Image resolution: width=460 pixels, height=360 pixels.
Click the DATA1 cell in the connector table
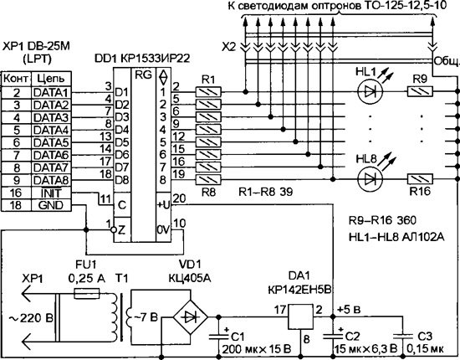point(51,92)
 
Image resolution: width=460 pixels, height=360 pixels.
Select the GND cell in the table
point(51,205)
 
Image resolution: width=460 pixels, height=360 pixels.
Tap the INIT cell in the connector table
point(51,193)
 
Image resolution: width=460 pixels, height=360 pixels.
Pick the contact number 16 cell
point(16,193)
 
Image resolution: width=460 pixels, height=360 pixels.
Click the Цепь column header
point(51,79)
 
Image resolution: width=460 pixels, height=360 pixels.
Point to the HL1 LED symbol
point(371,92)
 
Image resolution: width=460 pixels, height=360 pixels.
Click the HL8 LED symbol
point(371,179)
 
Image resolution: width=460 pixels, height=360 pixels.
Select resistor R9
point(420,92)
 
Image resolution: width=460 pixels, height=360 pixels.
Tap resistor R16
point(420,179)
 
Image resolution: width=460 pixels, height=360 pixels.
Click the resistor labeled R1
point(208,92)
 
